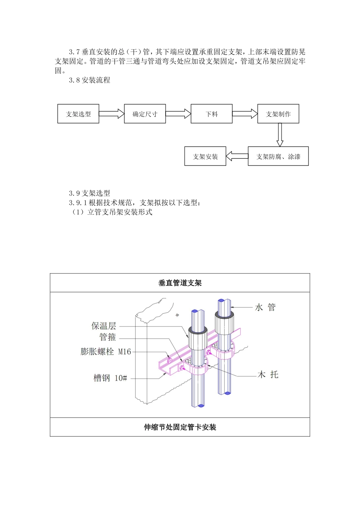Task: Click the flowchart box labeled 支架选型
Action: pyautogui.click(x=78, y=114)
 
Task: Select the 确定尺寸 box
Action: pyautogui.click(x=145, y=114)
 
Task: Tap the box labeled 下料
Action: pyautogui.click(x=211, y=114)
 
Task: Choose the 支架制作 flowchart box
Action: pyautogui.click(x=278, y=114)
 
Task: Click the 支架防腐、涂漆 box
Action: pyautogui.click(x=278, y=156)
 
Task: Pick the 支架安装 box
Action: pyautogui.click(x=205, y=156)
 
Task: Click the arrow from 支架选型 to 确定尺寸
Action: pyautogui.click(x=111, y=114)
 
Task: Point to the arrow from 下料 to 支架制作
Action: pyautogui.click(x=245, y=114)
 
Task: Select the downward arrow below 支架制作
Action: pyautogui.click(x=280, y=135)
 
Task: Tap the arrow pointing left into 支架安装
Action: pyautogui.click(x=237, y=156)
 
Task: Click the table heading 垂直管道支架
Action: pyautogui.click(x=180, y=283)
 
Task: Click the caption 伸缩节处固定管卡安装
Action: pyautogui.click(x=180, y=427)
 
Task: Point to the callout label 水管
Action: pyautogui.click(x=265, y=308)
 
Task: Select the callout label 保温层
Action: pyautogui.click(x=103, y=326)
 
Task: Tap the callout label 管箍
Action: pyautogui.click(x=108, y=337)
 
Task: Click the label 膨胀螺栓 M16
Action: pyautogui.click(x=106, y=351)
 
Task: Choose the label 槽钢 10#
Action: pyautogui.click(x=110, y=378)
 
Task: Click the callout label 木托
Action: pyautogui.click(x=268, y=375)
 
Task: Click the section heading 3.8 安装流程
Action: pyautogui.click(x=90, y=80)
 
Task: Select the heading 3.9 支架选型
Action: pyautogui.click(x=90, y=193)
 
